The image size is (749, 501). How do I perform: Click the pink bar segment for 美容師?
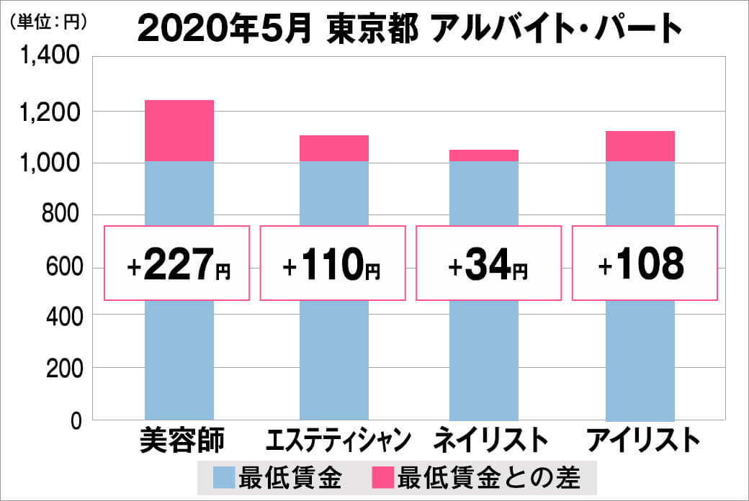[179, 130]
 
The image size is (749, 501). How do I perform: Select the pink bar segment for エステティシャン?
[333, 148]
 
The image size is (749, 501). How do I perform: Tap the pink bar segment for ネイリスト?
[484, 155]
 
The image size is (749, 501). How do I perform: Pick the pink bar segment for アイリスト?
[640, 146]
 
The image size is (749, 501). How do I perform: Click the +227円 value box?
[177, 263]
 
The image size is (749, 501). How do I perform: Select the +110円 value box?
[332, 263]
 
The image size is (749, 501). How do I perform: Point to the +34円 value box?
[488, 263]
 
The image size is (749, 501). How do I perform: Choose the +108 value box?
[645, 263]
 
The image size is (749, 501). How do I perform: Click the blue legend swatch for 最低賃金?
[225, 477]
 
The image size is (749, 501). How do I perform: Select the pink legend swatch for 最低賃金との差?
[383, 477]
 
